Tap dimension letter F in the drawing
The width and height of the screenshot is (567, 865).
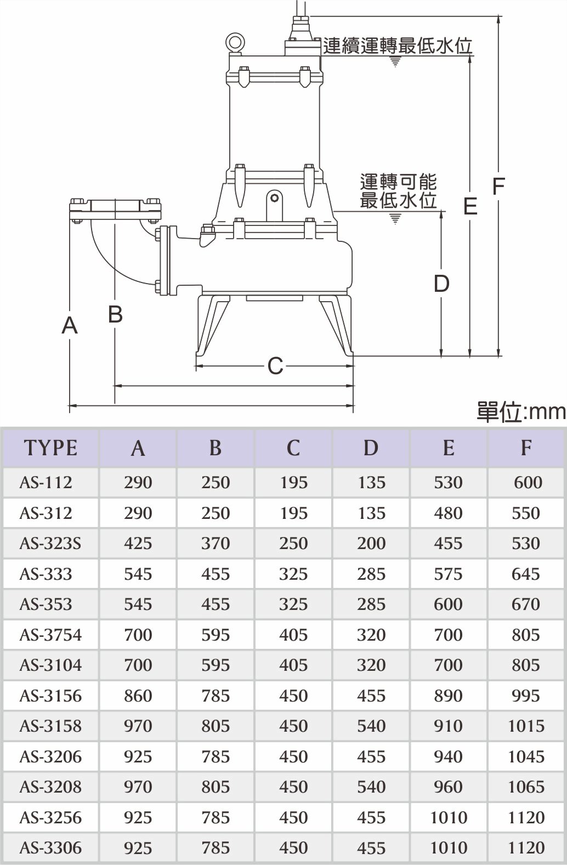point(497,186)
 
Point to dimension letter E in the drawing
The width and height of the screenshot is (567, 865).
point(470,206)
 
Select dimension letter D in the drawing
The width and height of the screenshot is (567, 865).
point(441,284)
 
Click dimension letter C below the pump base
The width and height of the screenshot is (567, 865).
point(275,366)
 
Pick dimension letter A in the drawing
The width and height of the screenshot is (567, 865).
point(70,325)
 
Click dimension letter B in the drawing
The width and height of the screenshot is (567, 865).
point(115,314)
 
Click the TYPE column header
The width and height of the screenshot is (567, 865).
point(50,448)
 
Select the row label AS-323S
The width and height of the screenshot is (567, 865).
point(50,544)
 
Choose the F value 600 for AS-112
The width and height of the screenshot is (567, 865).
point(528,483)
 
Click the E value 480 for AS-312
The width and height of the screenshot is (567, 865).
point(448,513)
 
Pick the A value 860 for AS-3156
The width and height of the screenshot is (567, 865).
point(138,696)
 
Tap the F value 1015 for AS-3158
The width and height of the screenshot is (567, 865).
point(526,726)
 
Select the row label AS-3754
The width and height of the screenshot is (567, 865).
point(50,635)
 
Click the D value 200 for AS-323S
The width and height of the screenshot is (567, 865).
point(371,544)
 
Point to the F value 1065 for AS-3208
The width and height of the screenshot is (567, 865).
point(526,787)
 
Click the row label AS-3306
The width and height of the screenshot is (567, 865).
point(50,848)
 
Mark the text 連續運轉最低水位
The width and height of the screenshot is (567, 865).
point(398,46)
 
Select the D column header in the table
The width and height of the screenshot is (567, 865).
point(371,448)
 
